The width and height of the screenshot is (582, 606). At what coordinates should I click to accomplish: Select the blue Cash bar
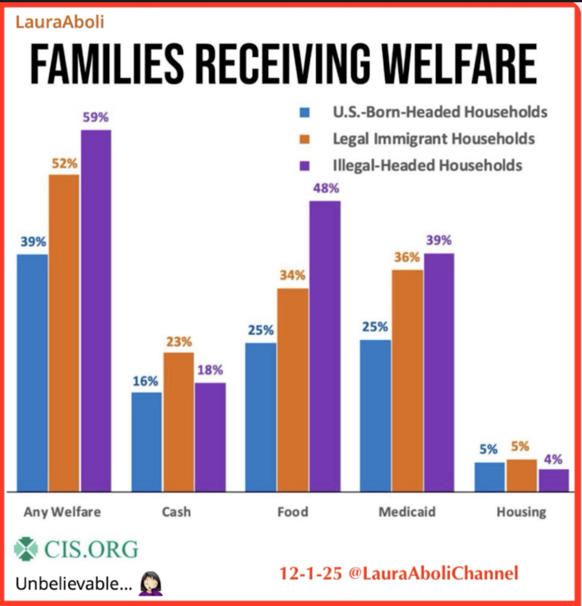coord(146,442)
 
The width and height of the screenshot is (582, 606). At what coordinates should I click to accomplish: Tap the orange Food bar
coord(292,390)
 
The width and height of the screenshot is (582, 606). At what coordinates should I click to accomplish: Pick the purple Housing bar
coord(553,480)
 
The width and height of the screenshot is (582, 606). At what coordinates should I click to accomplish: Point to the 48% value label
coord(326,188)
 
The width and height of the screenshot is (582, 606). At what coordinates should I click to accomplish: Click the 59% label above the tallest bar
coord(96,117)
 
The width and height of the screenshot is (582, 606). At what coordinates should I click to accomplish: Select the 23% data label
coord(179,341)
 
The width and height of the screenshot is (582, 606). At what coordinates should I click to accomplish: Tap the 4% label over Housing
coord(553,459)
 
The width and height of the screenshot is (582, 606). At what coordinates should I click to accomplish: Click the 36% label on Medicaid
coord(407,257)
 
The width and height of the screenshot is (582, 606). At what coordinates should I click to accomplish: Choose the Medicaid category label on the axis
coord(407,512)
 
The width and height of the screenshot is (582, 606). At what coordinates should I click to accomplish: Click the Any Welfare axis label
coord(63,512)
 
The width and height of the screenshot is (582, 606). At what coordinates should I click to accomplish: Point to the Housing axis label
coord(521,512)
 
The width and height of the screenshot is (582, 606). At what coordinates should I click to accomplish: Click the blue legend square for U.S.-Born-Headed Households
coord(305,112)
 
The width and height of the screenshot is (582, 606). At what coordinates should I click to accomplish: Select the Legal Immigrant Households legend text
coord(434,139)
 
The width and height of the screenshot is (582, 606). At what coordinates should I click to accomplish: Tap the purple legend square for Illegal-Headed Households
coord(305,165)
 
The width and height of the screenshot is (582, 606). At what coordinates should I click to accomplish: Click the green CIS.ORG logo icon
coord(26,549)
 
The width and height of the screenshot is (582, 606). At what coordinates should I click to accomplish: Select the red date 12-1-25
coord(310,573)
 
